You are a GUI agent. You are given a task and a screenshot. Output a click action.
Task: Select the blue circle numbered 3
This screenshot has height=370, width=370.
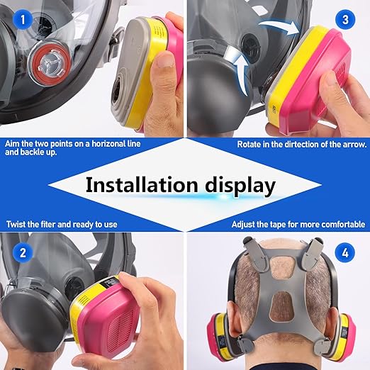(347, 19)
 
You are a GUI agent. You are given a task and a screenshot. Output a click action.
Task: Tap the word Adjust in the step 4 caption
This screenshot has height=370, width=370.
(245, 224)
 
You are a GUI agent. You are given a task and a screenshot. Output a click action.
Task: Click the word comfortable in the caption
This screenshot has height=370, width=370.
(342, 224)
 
